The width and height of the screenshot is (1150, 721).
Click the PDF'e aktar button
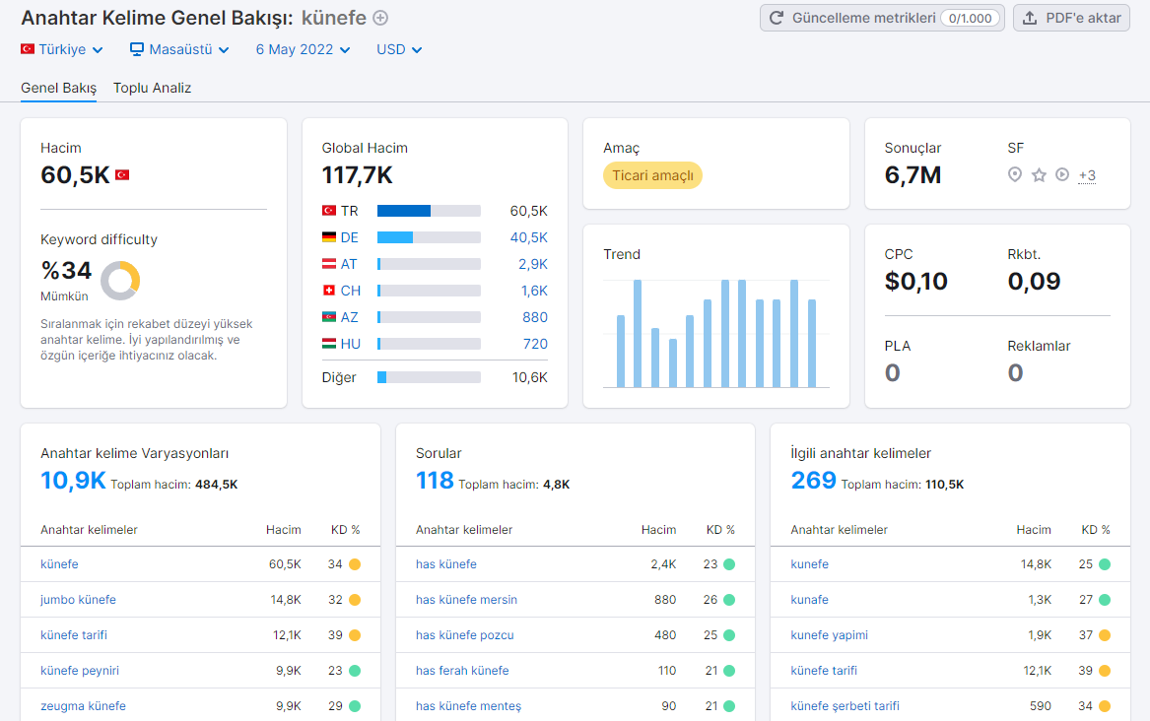click(1071, 18)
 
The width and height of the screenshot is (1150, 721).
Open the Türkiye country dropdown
click(62, 49)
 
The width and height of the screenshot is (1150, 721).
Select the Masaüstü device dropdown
click(179, 49)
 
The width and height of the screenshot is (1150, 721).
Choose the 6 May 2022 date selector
click(303, 49)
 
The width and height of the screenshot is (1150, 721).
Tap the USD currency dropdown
click(399, 49)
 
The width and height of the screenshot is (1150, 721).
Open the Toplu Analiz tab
click(152, 88)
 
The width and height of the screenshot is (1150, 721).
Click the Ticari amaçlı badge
click(652, 175)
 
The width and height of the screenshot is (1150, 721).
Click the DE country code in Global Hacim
click(349, 237)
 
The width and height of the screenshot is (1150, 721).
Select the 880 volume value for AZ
click(535, 317)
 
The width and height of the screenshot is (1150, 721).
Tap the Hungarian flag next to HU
click(329, 344)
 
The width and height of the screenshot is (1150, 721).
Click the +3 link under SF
click(1087, 175)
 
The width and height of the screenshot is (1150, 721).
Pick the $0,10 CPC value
click(916, 282)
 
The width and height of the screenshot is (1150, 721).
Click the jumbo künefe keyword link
click(78, 600)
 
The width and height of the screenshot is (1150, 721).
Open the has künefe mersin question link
click(466, 600)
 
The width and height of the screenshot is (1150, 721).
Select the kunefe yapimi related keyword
click(830, 635)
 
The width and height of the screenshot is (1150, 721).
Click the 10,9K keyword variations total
click(73, 481)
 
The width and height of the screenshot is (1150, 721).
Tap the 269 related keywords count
click(813, 481)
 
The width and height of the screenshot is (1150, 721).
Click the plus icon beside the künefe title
click(380, 18)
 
